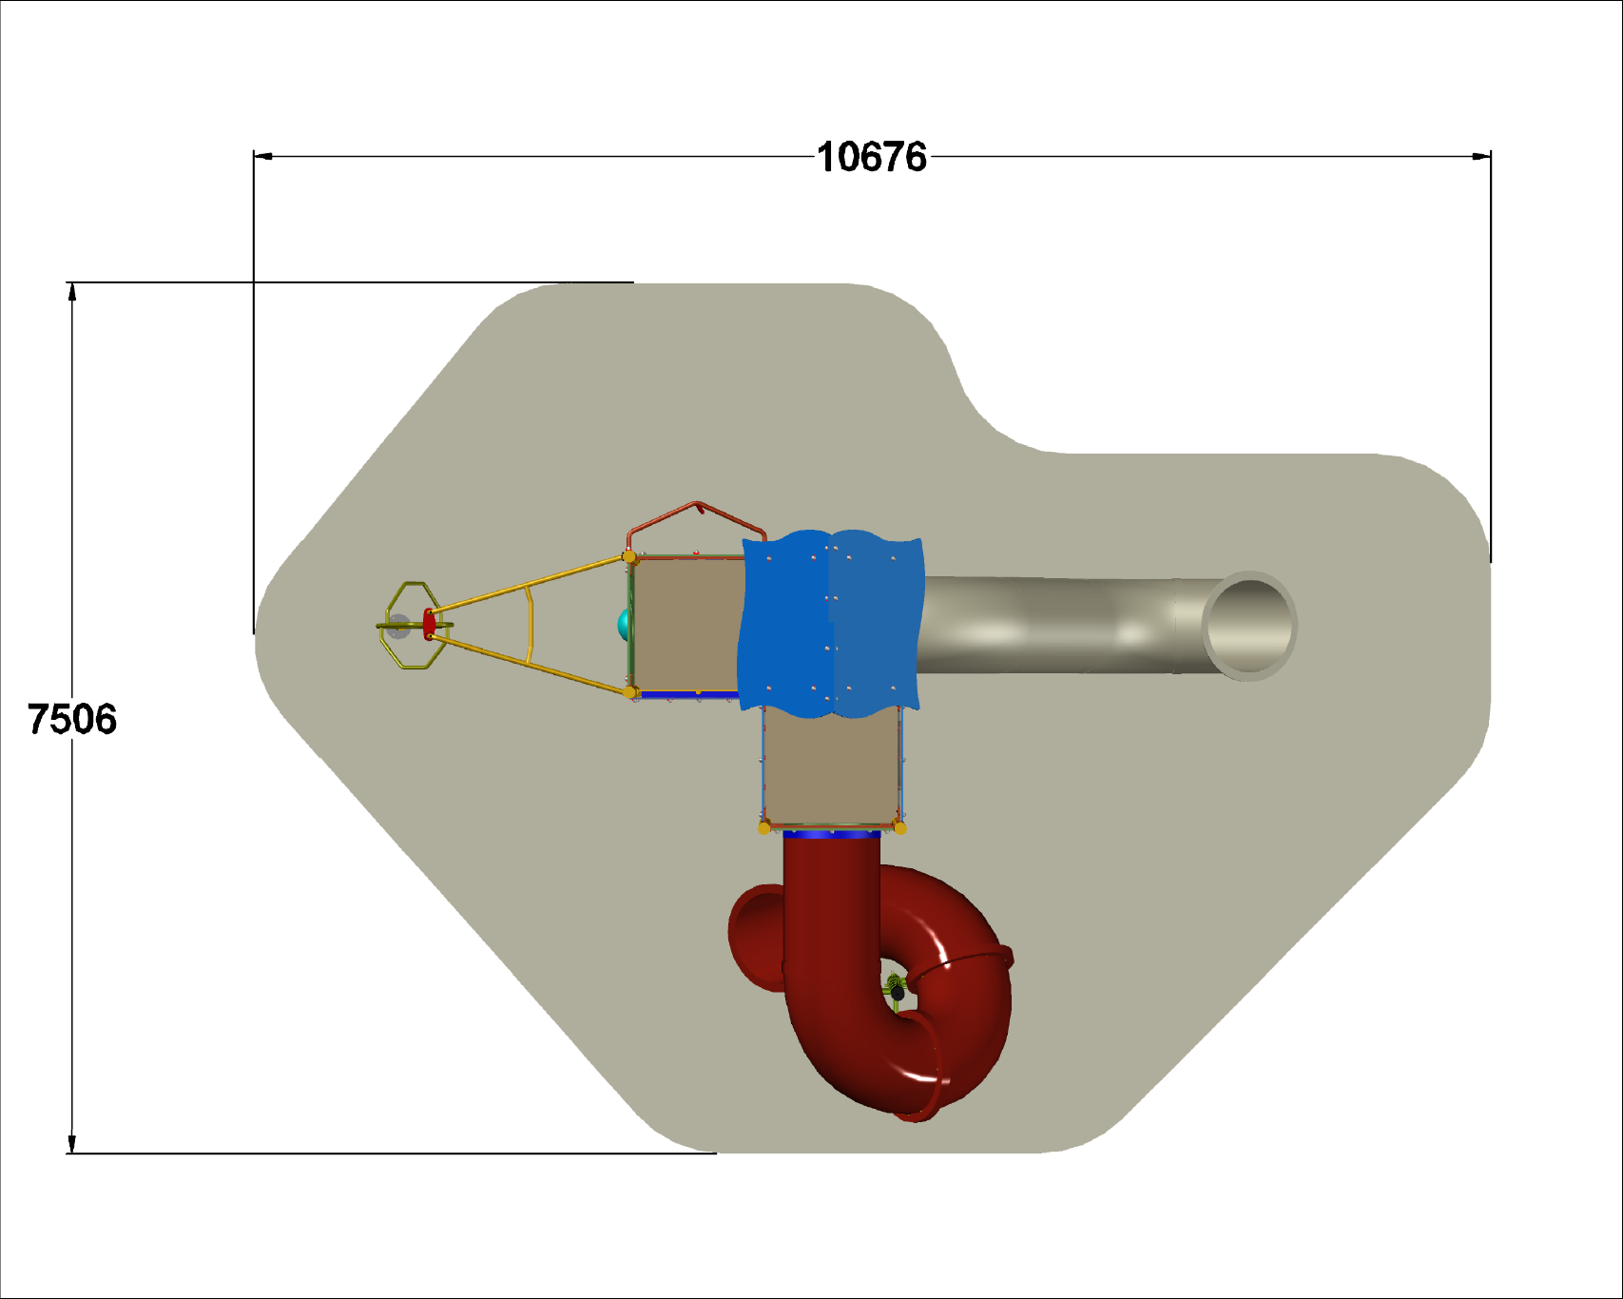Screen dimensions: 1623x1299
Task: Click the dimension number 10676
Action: pos(872,157)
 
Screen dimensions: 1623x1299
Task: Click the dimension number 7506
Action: pos(72,719)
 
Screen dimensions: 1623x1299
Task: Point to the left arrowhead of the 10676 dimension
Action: pos(263,156)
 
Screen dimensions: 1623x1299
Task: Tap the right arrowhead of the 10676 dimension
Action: pos(1481,156)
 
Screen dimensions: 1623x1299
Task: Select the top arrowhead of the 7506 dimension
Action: pos(72,292)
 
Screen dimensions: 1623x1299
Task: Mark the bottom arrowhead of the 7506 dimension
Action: pos(72,1144)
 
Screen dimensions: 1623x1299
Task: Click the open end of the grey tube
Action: pos(1249,626)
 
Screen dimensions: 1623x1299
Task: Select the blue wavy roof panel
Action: pos(831,624)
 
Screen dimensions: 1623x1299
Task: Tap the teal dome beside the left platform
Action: pos(625,625)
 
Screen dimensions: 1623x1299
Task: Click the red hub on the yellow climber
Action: pos(429,624)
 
